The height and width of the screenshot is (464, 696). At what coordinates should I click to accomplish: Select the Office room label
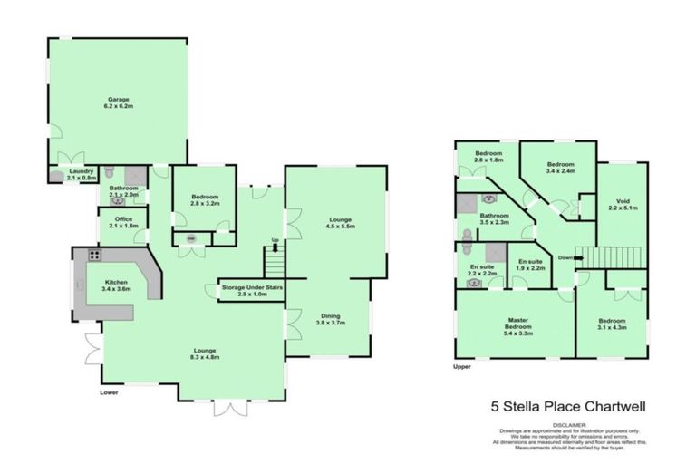120,222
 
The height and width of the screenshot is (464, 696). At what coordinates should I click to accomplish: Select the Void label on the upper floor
623,203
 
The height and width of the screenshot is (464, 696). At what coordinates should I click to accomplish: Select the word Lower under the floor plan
111,392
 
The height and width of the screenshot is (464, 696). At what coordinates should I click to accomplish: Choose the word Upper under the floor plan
463,368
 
